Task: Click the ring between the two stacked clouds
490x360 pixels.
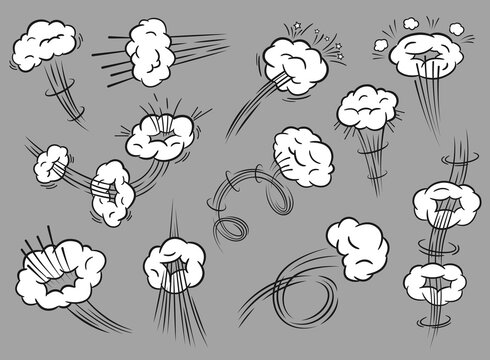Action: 441,245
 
